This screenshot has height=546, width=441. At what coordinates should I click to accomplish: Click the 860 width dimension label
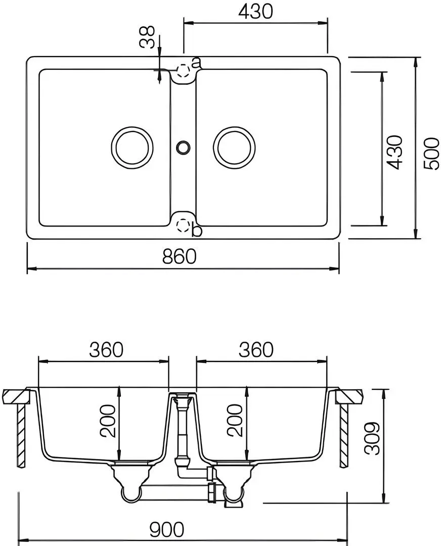180,257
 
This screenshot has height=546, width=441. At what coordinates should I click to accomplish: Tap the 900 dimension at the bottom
166,530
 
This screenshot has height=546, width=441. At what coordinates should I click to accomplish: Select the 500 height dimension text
432,154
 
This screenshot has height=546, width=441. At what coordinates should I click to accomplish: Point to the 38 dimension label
147,37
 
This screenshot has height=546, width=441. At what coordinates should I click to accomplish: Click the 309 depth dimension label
372,438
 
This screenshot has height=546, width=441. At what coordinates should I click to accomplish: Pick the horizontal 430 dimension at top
255,12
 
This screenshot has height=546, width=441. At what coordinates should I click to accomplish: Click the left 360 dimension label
106,350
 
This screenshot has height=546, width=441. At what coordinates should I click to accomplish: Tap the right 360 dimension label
256,350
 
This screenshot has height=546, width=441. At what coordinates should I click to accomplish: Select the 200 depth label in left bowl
108,421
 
